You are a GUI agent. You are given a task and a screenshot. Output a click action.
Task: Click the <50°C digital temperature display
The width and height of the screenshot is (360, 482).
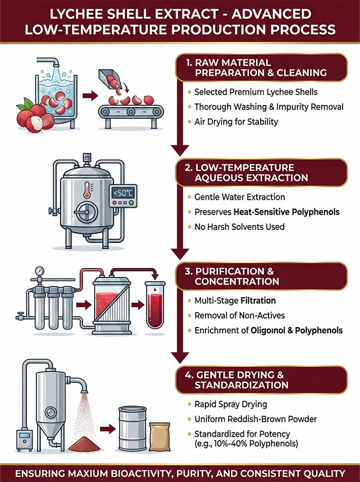click(123, 193)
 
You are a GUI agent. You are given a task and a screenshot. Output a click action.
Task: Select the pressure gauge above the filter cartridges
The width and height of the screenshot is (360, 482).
click(40, 270)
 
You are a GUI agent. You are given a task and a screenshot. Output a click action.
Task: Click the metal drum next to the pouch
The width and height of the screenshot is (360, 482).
click(133, 428)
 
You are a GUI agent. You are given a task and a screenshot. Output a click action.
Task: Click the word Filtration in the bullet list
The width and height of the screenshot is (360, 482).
click(258, 301)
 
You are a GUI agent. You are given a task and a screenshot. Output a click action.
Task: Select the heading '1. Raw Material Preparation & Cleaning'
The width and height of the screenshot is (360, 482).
click(256, 68)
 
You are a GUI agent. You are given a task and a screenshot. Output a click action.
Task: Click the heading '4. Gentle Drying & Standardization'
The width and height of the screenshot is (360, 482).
click(237, 380)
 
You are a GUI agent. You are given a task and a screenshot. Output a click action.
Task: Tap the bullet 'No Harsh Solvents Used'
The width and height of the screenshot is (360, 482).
click(239, 227)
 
